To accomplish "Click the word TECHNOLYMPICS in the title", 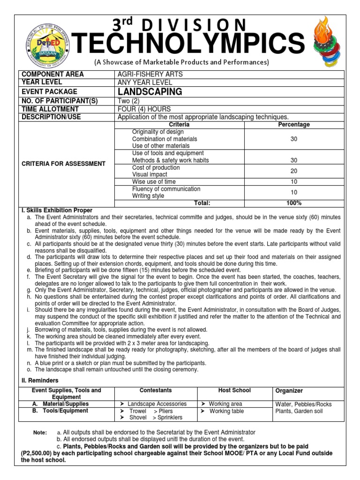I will (x=184, y=45).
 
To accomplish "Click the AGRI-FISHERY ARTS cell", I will (x=150, y=74).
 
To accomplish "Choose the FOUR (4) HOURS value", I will (x=143, y=109).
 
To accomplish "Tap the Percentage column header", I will (x=294, y=125).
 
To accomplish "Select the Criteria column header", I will (x=179, y=125).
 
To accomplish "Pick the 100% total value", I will (x=294, y=203).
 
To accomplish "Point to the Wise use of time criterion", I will (x=154, y=181).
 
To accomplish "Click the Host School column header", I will (x=234, y=390).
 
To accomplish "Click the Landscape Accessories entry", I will (x=157, y=404).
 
